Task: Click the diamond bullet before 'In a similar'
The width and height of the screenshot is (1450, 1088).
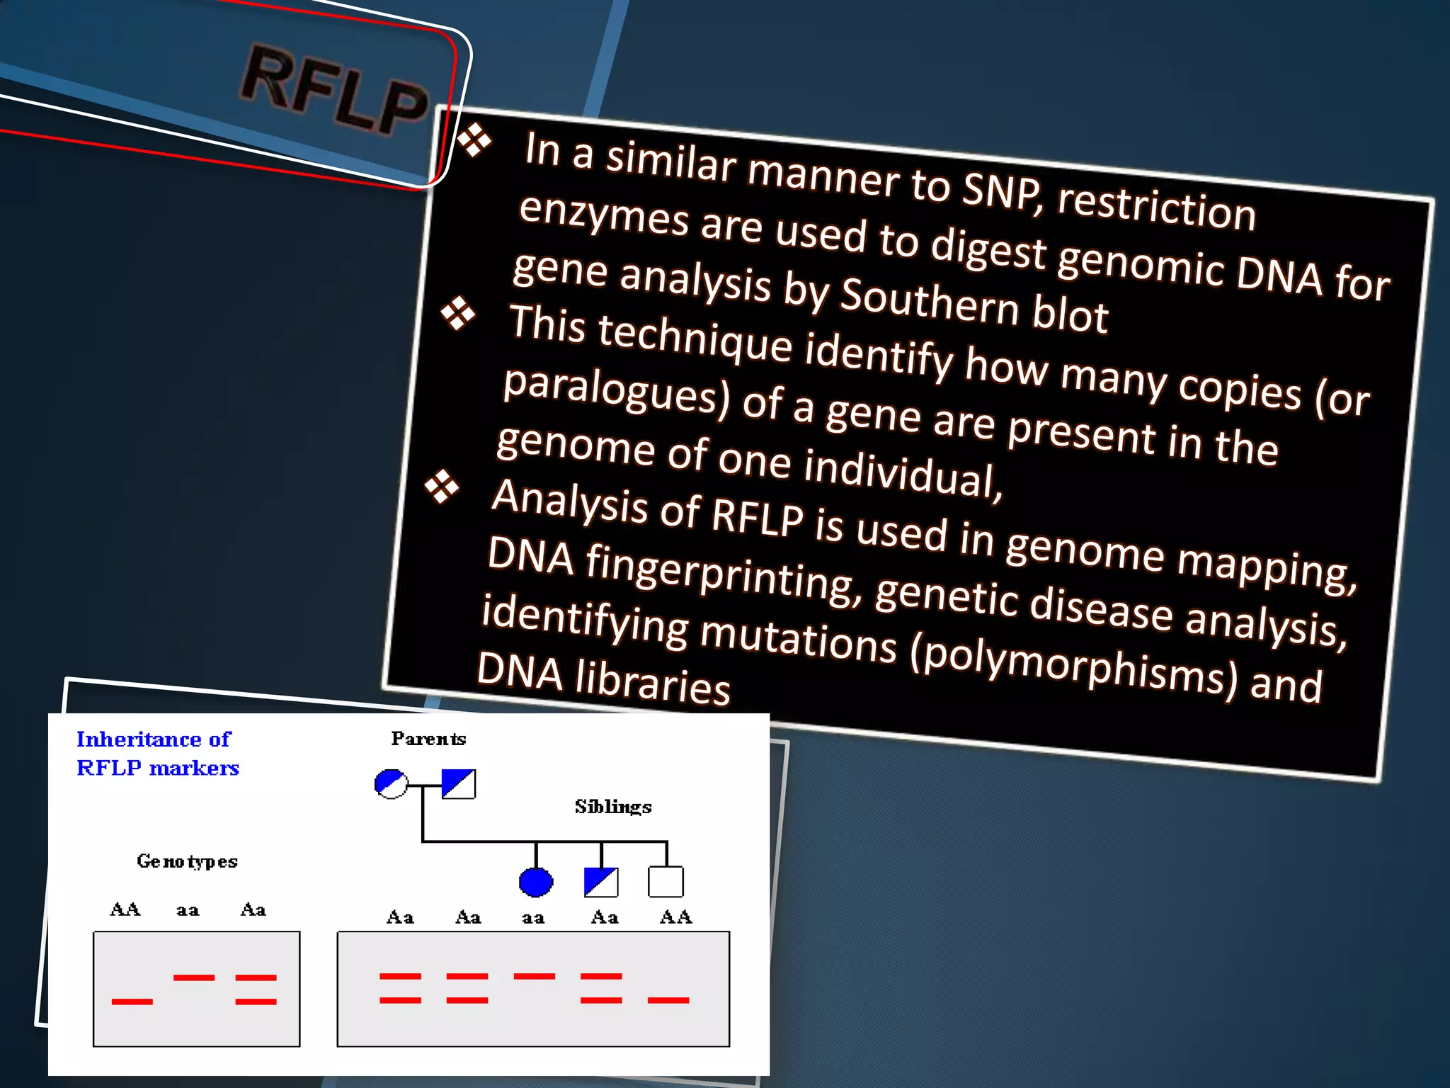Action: (474, 140)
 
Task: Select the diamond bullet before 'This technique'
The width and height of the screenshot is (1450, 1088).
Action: (458, 312)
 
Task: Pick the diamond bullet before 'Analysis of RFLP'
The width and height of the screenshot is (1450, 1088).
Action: (442, 487)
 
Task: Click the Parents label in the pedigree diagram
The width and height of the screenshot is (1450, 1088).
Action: (428, 739)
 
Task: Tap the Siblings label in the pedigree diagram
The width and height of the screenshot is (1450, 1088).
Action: (613, 807)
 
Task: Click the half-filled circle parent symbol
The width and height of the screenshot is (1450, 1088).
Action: (391, 783)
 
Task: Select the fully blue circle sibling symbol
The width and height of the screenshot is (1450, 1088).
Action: (536, 882)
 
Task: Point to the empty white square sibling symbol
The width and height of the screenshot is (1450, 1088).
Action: (666, 882)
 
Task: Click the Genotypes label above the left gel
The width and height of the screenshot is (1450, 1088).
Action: (187, 861)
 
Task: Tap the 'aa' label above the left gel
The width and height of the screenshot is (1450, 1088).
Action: (188, 910)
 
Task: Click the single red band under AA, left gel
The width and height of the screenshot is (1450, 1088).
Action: (132, 1001)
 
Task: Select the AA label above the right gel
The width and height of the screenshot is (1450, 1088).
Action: (675, 917)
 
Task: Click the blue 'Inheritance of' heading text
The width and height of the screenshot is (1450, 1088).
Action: (154, 739)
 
